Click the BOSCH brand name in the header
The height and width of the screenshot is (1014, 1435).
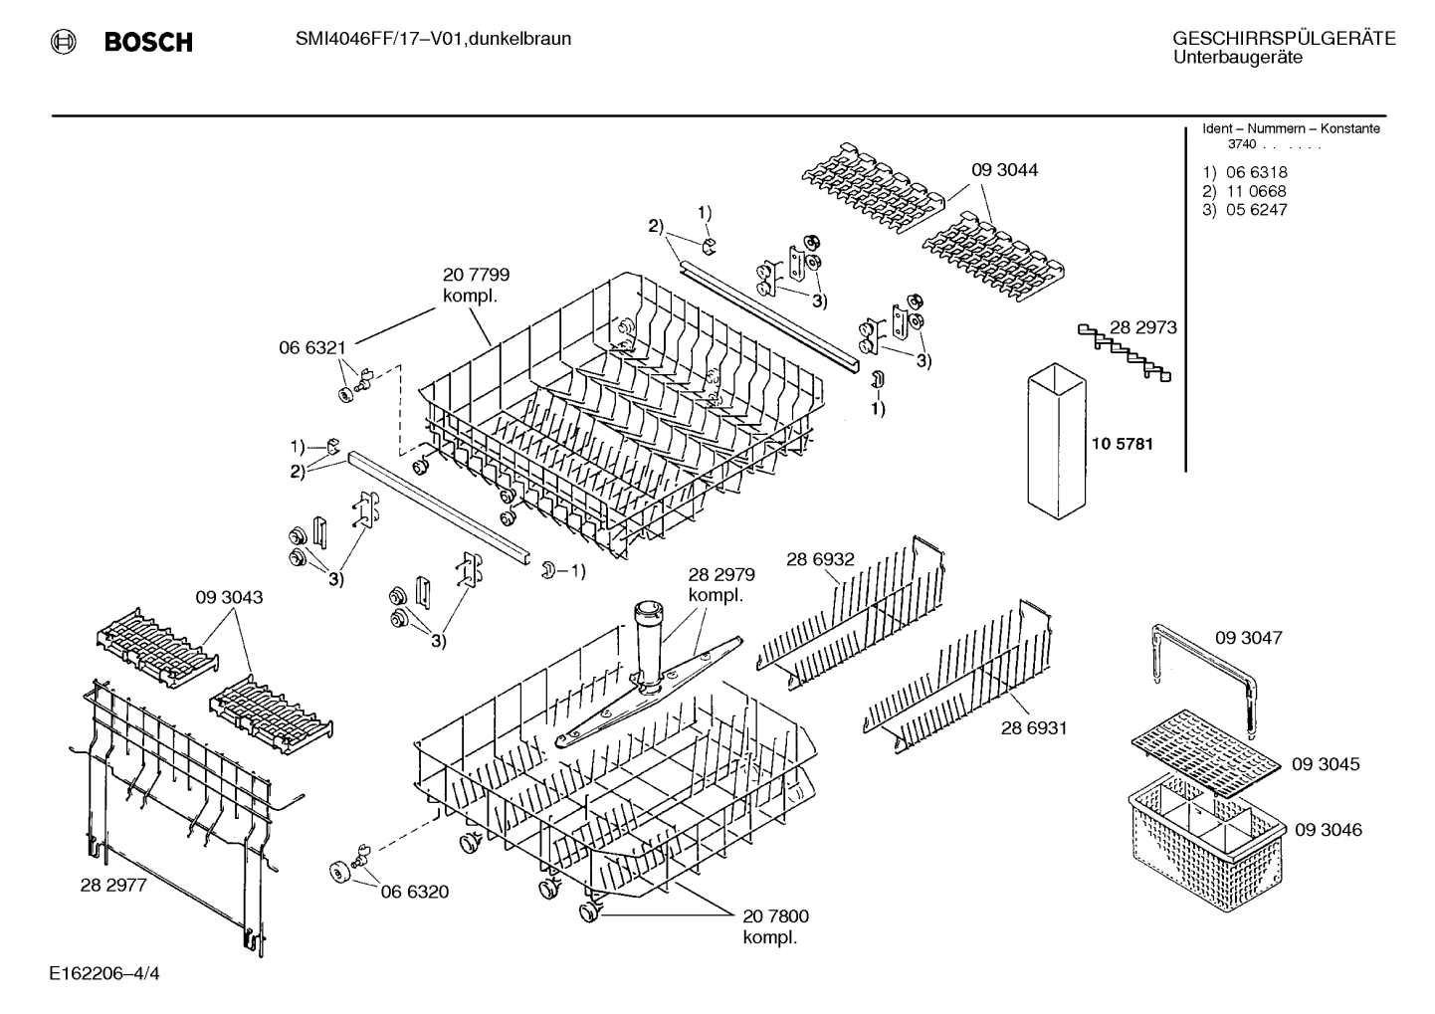[x=147, y=42]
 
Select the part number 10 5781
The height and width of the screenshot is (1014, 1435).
[x=1122, y=444]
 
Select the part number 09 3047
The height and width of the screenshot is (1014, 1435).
[x=1248, y=637]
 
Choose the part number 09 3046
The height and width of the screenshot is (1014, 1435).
[x=1328, y=830]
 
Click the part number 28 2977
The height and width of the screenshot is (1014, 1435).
[x=113, y=885]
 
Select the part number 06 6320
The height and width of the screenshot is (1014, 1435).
[x=414, y=892]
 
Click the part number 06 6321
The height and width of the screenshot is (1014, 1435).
[x=311, y=347]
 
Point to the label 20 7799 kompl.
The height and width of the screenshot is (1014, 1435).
[x=476, y=286]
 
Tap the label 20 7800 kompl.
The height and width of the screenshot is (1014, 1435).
[x=775, y=926]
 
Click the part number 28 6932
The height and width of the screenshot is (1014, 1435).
[x=819, y=560]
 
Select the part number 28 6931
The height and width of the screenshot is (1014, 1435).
[x=1033, y=728]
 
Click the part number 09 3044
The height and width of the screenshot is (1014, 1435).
[x=1004, y=170]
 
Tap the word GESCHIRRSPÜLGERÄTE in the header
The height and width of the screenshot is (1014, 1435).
[x=1283, y=39]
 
